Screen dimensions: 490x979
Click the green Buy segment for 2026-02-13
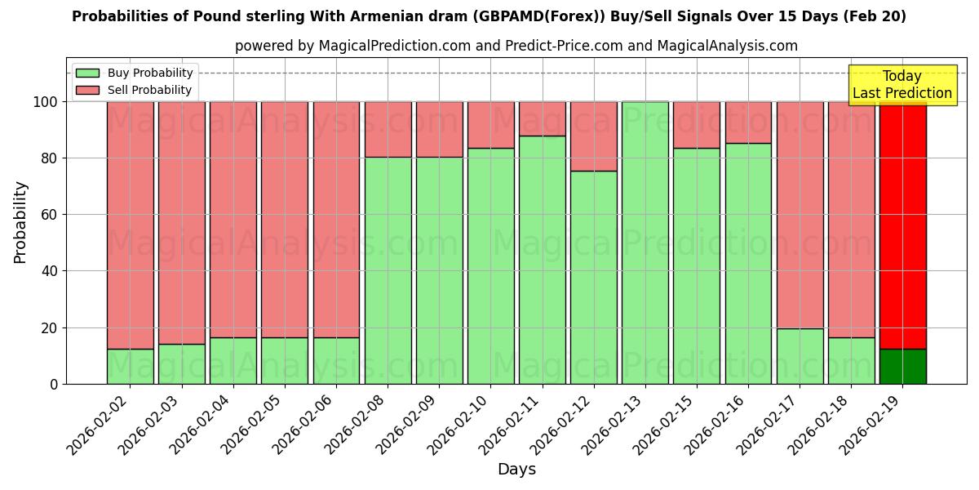645,243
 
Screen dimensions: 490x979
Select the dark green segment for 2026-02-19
902,366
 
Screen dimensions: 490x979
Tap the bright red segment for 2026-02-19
902,225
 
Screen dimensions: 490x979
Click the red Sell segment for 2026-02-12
593,136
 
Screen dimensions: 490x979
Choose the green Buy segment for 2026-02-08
388,270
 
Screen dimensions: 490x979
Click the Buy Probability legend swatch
87,73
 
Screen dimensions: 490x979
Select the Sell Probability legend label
149,90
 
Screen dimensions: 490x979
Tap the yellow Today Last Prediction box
901,85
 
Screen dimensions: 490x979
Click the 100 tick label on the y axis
44,102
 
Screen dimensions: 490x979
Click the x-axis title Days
516,470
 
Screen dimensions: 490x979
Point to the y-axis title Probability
20,222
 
